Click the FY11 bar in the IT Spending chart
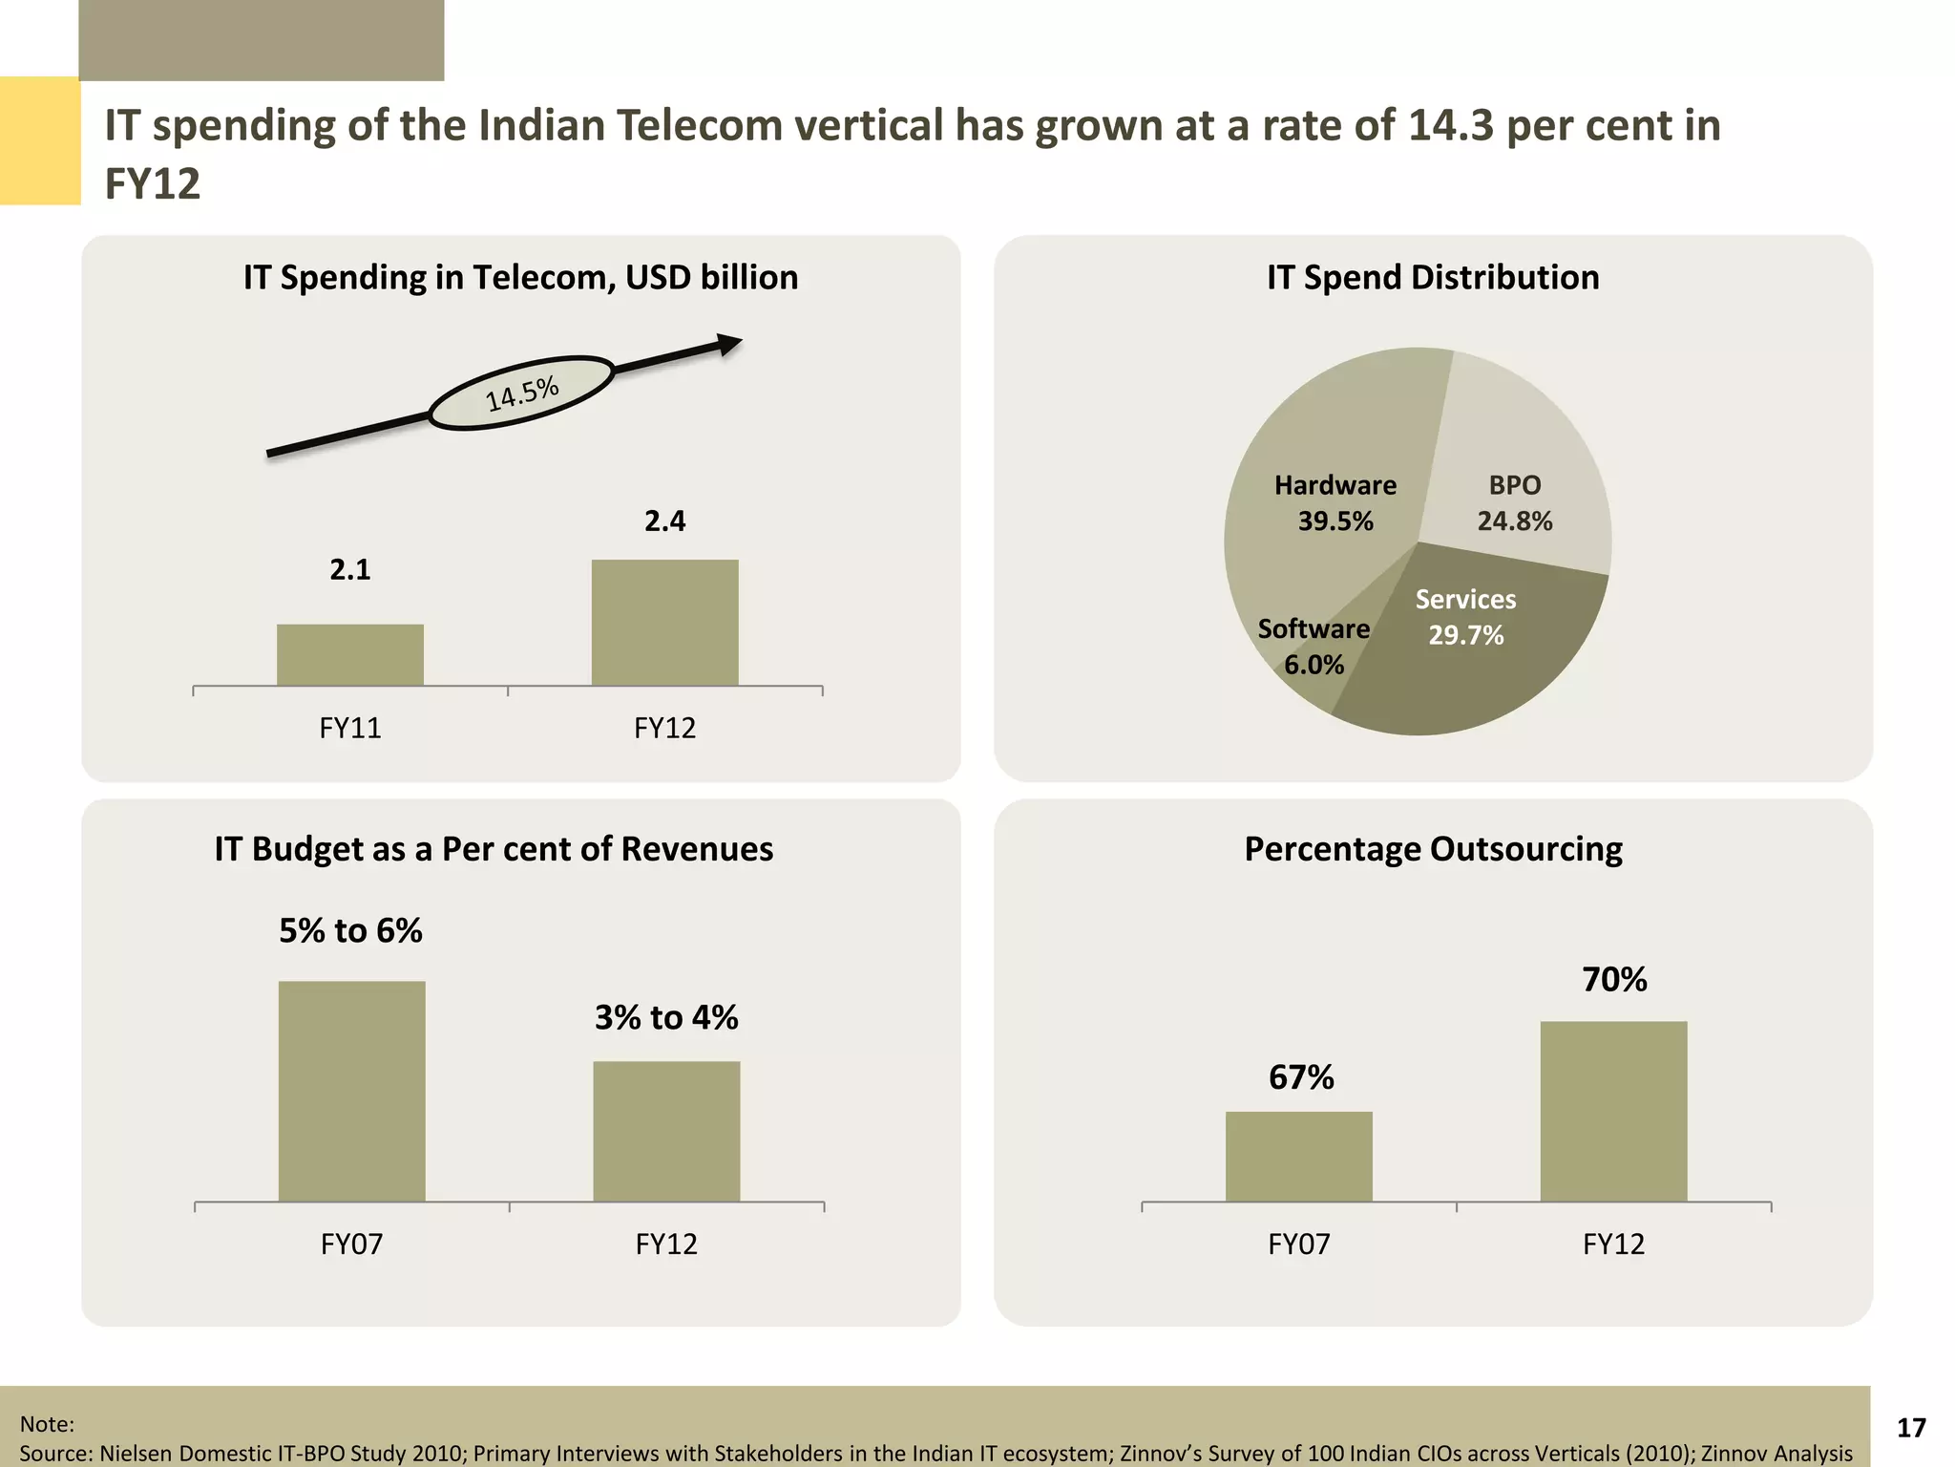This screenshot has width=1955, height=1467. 350,654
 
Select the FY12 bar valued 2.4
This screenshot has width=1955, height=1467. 664,622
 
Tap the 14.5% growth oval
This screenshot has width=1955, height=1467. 521,393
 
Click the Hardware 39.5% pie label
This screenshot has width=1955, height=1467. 1335,503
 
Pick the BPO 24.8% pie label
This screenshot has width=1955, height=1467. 1514,503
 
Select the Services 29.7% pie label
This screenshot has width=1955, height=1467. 1465,617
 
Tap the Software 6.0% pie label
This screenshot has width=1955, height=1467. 1314,647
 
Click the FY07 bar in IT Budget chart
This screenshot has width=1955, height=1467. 352,1091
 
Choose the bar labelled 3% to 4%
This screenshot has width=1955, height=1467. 666,1131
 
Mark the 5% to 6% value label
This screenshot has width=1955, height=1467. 350,930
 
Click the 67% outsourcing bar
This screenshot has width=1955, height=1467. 1298,1156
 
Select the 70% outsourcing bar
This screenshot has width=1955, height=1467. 1613,1111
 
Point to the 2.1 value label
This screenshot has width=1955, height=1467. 350,570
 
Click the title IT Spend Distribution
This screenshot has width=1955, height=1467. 1433,277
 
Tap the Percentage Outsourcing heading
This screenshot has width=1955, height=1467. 1433,849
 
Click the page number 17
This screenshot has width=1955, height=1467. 1911,1427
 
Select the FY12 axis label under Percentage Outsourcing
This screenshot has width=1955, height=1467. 1613,1244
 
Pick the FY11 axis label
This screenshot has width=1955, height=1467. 350,729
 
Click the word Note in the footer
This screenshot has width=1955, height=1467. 45,1424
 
